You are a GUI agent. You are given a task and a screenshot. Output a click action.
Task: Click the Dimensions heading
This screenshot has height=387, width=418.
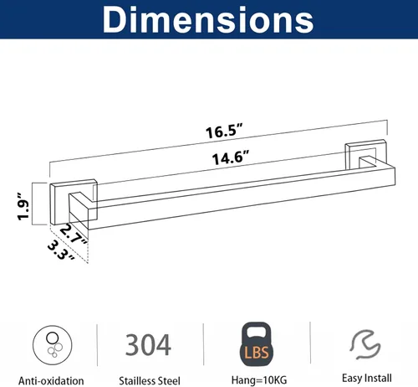(208, 20)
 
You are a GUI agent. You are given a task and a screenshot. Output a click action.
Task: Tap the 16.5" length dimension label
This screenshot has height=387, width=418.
(225, 131)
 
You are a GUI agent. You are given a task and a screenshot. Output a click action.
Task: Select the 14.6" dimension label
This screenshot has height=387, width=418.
(231, 157)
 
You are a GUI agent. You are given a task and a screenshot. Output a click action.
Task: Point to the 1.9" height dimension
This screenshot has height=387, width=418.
(23, 206)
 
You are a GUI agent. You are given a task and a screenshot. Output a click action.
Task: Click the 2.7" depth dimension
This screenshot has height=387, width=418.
(74, 234)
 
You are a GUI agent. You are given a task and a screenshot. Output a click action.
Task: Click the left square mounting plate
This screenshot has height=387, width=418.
(74, 202)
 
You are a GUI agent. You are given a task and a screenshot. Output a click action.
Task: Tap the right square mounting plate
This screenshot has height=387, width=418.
(365, 154)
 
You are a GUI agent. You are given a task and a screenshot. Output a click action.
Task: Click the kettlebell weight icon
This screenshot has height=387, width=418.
(257, 344)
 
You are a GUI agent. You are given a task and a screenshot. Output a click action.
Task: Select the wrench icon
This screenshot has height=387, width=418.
(365, 344)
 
